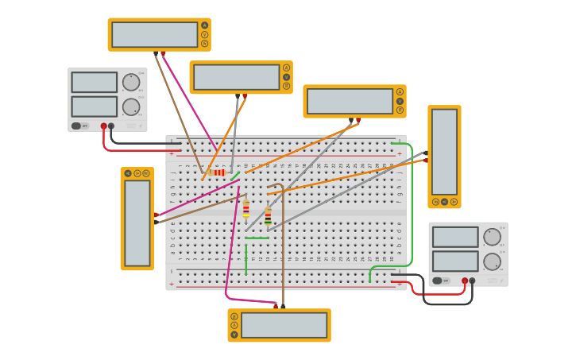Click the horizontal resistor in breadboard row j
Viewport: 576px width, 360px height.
click(218, 172)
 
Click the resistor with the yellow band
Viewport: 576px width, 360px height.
click(245, 209)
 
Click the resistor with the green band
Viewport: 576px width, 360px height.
click(268, 215)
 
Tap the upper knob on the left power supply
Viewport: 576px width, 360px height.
click(131, 82)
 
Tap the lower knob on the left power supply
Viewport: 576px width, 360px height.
click(131, 106)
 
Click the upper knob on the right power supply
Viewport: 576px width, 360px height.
click(492, 237)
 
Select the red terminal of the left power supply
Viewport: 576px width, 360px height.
click(104, 126)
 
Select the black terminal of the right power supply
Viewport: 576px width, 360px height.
click(472, 280)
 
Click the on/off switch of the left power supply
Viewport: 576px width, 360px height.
click(77, 126)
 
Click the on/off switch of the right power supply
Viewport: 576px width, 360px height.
click(438, 280)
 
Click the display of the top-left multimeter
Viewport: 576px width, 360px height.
click(154, 34)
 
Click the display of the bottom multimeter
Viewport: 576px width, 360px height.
click(284, 325)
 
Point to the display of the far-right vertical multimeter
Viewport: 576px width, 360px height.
click(444, 151)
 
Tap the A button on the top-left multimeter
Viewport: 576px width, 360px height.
click(205, 25)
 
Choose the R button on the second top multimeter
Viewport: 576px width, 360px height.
click(287, 86)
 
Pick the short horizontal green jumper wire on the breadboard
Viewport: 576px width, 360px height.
click(257, 238)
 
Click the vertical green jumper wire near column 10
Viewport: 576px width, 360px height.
click(245, 261)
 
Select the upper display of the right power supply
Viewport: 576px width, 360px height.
click(455, 237)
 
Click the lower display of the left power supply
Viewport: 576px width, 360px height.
click(94, 106)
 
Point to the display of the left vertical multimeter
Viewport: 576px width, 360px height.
click(137, 223)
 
